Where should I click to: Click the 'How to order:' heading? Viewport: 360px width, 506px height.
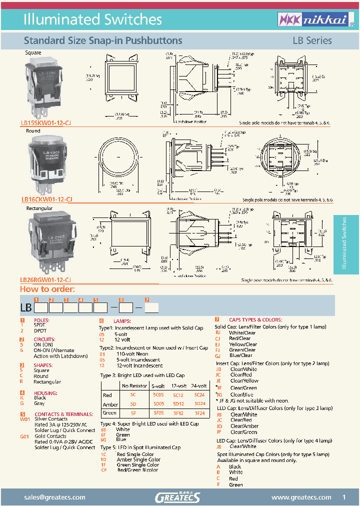point(47,289)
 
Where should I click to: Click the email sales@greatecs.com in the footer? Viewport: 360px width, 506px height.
point(55,497)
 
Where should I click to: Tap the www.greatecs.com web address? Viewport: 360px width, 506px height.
point(301,497)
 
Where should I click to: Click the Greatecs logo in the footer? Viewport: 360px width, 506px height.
point(177,497)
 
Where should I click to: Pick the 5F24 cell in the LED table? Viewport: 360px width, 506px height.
point(199,413)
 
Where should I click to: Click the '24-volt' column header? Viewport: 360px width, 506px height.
point(199,386)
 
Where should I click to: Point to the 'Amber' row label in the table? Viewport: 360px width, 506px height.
point(110,404)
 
